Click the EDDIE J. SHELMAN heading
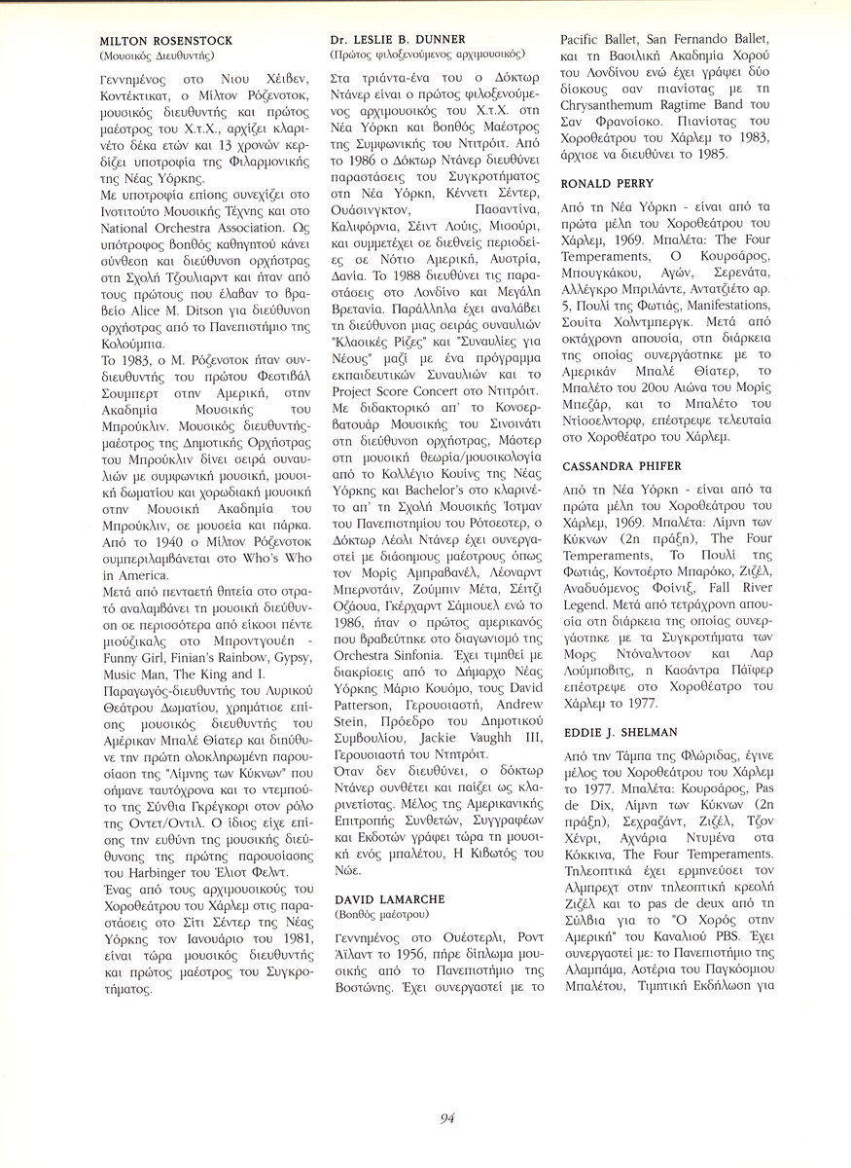[x=621, y=730]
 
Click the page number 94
[x=447, y=1118]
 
